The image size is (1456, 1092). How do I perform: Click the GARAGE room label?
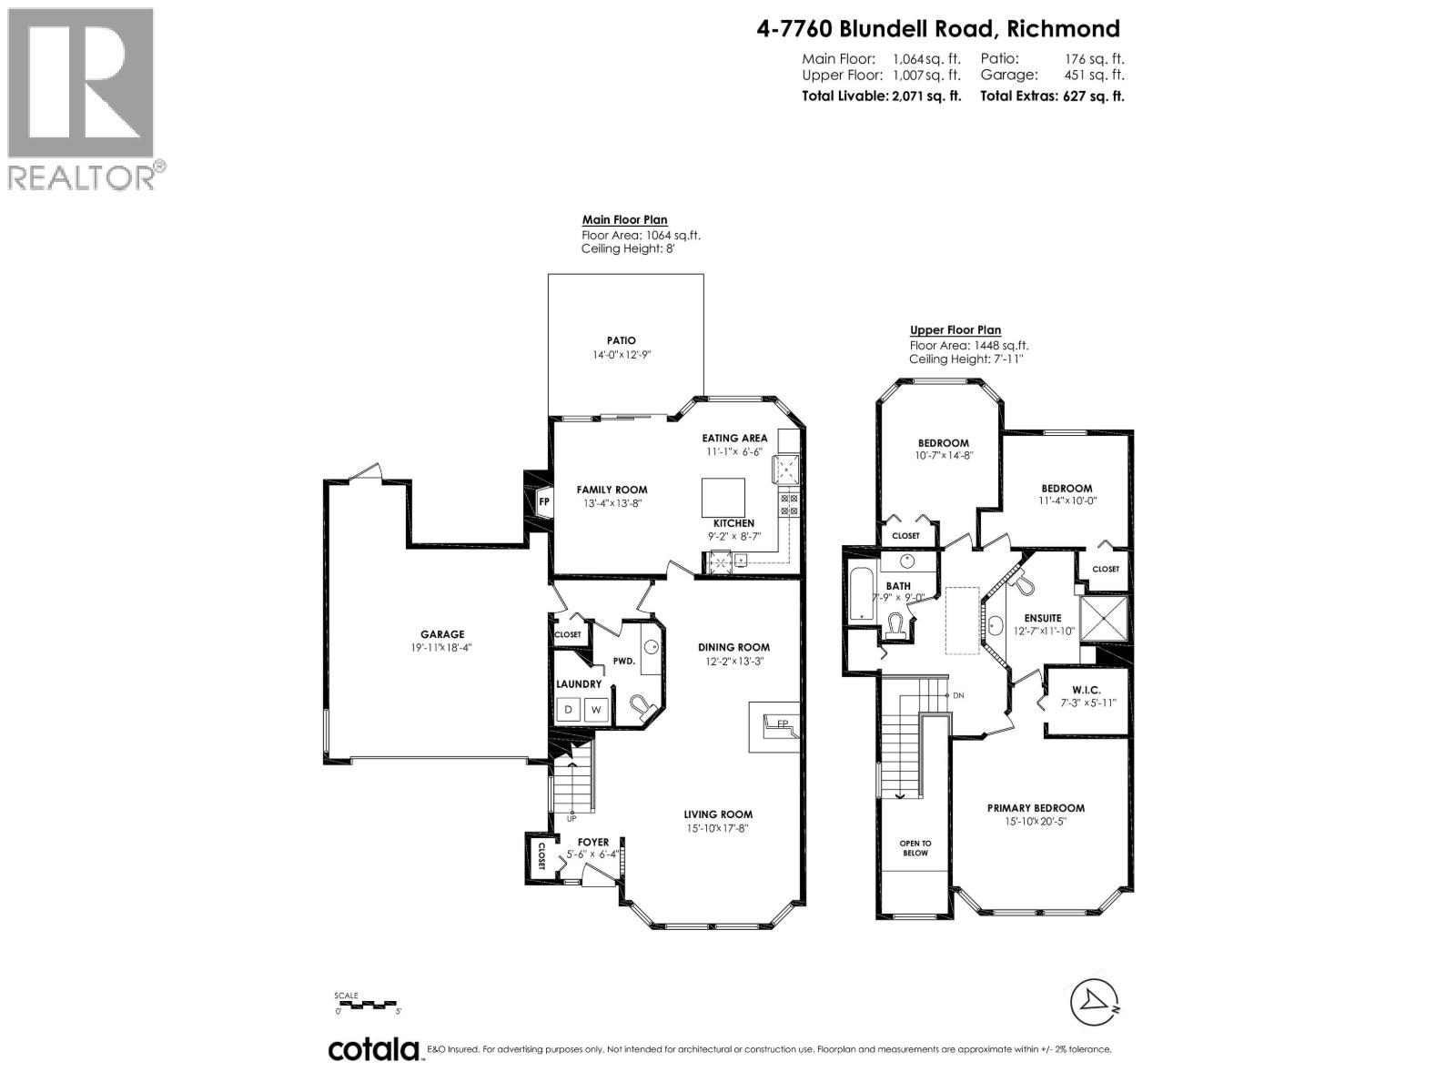pos(442,634)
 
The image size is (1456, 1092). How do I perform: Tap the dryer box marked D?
pos(569,709)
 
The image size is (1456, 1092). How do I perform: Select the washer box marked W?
pos(597,709)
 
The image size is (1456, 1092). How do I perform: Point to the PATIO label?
pos(622,340)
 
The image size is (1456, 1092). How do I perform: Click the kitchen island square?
pos(723,497)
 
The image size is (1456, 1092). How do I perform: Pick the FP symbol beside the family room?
pos(544,501)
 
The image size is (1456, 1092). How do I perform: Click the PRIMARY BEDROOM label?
pos(1036,808)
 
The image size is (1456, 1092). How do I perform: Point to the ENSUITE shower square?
pos(1104,619)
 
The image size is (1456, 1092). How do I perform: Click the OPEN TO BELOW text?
pos(915,848)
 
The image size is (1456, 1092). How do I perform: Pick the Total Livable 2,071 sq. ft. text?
pos(881,96)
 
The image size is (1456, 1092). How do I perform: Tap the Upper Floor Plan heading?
pos(955,330)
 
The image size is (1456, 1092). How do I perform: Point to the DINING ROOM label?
pos(733,647)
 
